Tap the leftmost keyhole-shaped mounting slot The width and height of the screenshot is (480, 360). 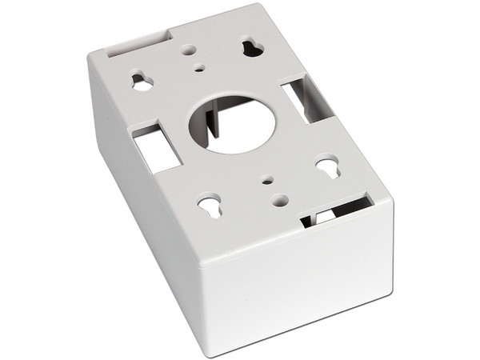tap(142, 82)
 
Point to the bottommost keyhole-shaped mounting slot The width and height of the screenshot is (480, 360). tap(209, 206)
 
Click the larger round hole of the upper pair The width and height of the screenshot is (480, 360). tap(189, 50)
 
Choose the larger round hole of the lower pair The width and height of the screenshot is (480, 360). tap(278, 199)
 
